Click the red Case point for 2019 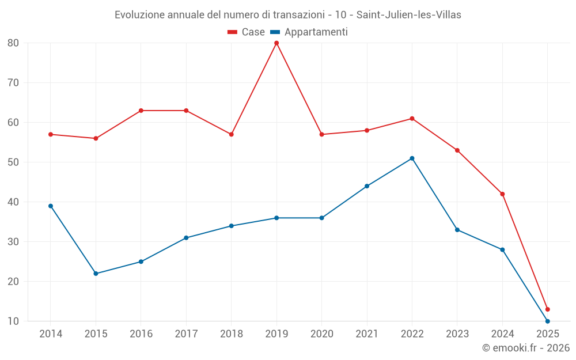[276, 43]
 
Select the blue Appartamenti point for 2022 [412, 158]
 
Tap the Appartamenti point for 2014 [51, 206]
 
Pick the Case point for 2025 [547, 309]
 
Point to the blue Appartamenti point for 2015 [96, 274]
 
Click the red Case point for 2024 [502, 194]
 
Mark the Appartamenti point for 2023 [457, 230]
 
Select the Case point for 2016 [141, 111]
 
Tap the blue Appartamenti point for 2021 [367, 186]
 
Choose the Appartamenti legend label [316, 32]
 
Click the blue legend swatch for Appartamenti [275, 32]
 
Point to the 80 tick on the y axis [13, 43]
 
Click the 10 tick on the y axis [13, 321]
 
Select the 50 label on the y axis [13, 162]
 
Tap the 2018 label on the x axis [231, 334]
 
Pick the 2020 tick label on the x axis [321, 334]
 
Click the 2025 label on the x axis [547, 334]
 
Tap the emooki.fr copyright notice [525, 348]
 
